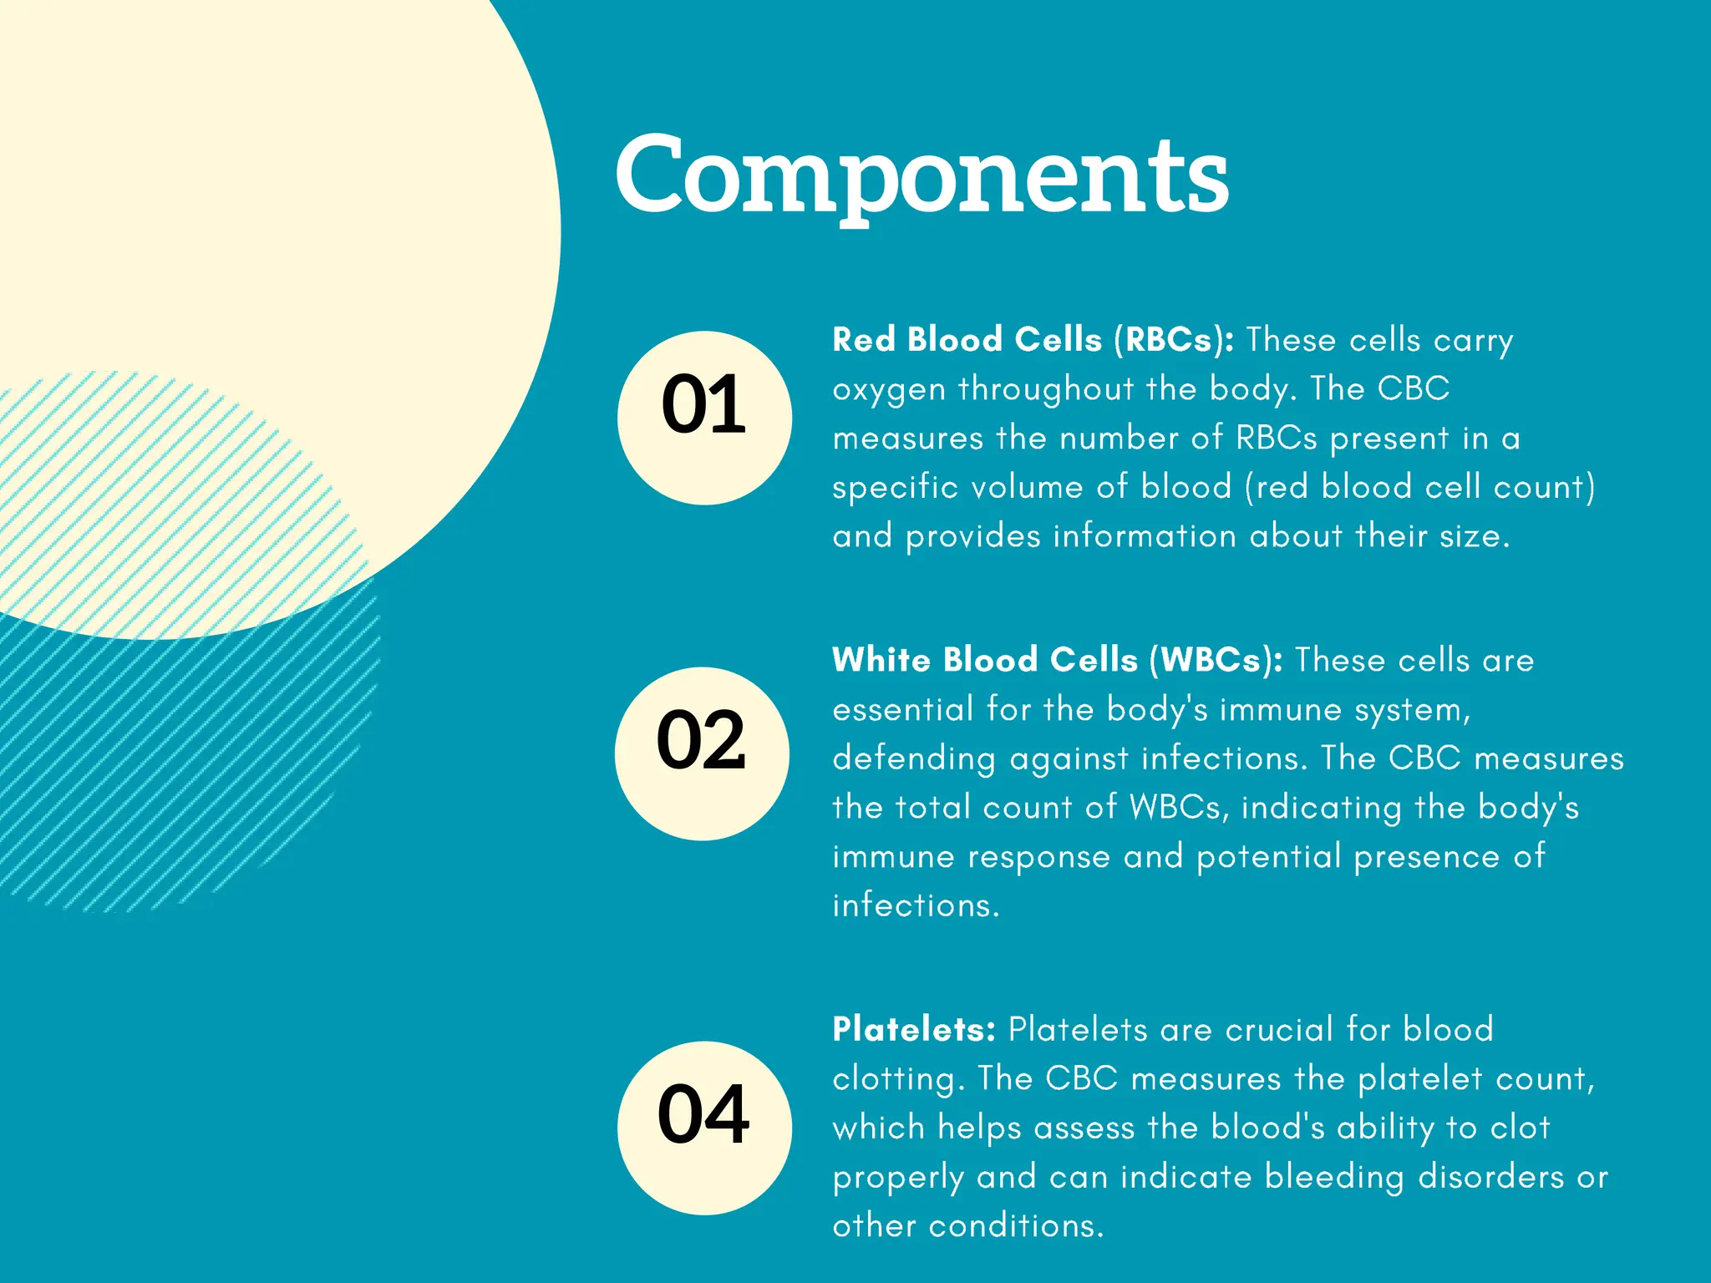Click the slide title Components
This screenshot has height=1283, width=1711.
[x=922, y=175]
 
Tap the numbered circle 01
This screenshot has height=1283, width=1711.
[x=703, y=418]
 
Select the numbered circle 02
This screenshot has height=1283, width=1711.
[x=702, y=753]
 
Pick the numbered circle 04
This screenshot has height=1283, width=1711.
[x=703, y=1128]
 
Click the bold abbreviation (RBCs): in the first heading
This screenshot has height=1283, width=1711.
[x=1173, y=341]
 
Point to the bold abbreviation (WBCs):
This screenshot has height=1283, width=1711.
[x=1216, y=661]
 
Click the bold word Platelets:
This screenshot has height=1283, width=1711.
[x=914, y=1029]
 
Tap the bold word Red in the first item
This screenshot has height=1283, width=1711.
[x=864, y=341]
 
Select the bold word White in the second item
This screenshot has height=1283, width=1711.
[x=881, y=661]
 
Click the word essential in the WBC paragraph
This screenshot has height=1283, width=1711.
[x=902, y=709]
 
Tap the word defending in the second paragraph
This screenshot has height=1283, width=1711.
[x=914, y=758]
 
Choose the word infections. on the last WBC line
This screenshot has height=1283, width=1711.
[x=916, y=905]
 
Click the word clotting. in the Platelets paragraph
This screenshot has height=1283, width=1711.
[x=899, y=1078]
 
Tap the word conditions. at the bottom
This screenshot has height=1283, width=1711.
[x=1016, y=1226]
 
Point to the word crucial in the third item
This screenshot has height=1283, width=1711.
[x=1279, y=1029]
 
